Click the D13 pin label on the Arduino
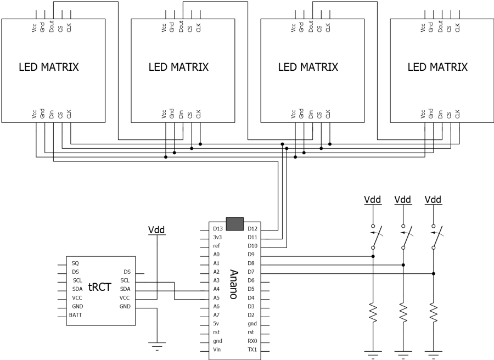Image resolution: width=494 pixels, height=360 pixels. pyautogui.click(x=218, y=228)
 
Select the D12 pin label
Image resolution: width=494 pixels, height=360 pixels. pyautogui.click(x=252, y=228)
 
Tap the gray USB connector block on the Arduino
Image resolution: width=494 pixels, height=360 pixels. pyautogui.click(x=235, y=223)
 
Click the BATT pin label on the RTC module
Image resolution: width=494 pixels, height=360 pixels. pyautogui.click(x=76, y=315)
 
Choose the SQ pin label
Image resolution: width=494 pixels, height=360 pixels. pyautogui.click(x=75, y=263)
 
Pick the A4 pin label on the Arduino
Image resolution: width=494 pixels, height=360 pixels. pyautogui.click(x=217, y=289)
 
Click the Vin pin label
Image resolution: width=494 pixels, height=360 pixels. pyautogui.click(x=217, y=350)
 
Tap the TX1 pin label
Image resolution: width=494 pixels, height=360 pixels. pyautogui.click(x=252, y=350)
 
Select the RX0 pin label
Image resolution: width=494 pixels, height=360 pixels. pyautogui.click(x=252, y=341)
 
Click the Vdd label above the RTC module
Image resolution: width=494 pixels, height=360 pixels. pyautogui.click(x=157, y=229)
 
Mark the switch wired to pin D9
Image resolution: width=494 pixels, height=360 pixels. pyautogui.click(x=374, y=237)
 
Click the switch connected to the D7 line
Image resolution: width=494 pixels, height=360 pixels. pyautogui.click(x=435, y=237)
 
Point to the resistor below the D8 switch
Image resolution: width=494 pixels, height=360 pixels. pyautogui.click(x=403, y=313)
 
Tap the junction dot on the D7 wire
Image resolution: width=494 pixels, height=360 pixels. pyautogui.click(x=434, y=273)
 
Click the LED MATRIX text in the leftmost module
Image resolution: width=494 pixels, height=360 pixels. pyautogui.click(x=49, y=67)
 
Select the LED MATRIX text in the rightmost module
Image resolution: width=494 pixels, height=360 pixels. pyautogui.click(x=437, y=67)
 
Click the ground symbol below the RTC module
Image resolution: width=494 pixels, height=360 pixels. pyautogui.click(x=157, y=345)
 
